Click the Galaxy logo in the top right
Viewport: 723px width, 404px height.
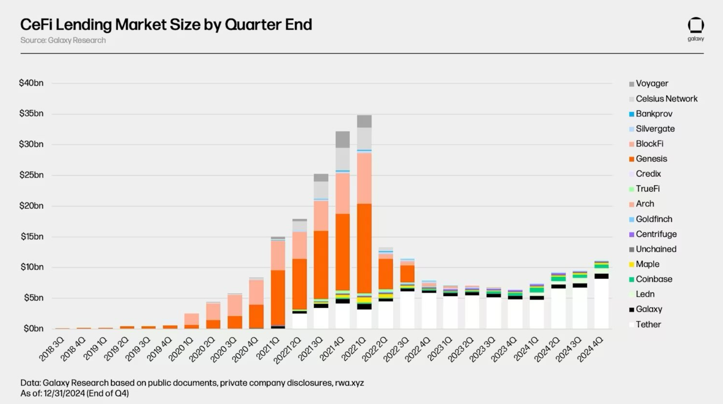696,28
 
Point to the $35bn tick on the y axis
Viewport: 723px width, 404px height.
31,114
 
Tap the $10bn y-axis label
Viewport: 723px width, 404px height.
32,267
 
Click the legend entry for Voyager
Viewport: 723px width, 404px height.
652,84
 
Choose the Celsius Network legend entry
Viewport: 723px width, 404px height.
666,99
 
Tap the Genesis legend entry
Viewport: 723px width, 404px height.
651,159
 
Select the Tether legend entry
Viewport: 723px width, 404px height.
648,324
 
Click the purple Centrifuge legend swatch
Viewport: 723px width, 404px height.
631,235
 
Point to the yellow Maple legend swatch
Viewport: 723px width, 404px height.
631,265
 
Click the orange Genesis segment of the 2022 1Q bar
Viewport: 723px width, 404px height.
364,247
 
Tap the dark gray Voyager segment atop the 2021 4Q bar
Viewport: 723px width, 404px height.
342,139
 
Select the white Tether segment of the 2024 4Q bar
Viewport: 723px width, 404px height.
601,304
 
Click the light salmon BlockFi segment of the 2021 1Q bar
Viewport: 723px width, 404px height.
278,255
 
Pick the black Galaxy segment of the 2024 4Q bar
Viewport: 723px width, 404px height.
601,276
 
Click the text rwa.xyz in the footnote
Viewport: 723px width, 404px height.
349,383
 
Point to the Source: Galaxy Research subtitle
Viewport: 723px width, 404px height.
63,40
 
